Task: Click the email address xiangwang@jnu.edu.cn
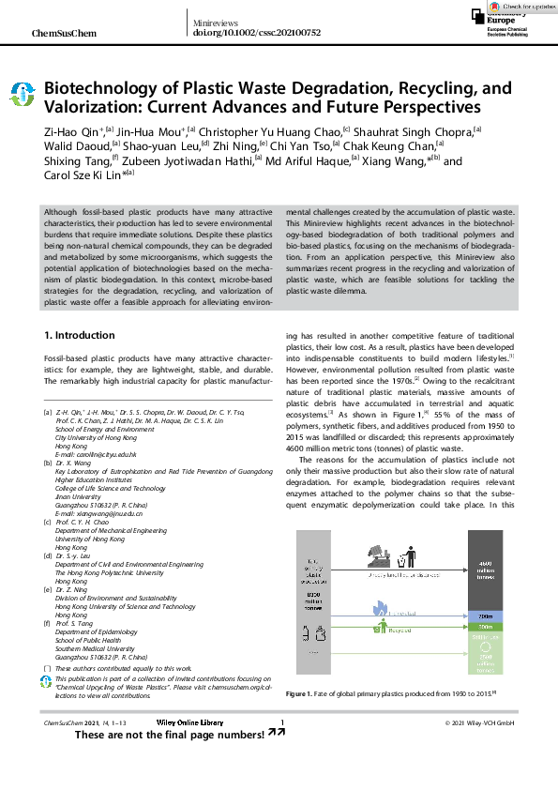coord(96,514)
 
